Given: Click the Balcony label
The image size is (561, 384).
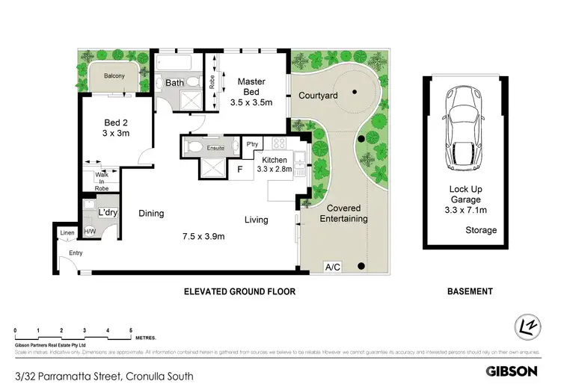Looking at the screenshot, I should pyautogui.click(x=114, y=76).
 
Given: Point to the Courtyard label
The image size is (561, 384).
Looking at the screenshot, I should pyautogui.click(x=318, y=96).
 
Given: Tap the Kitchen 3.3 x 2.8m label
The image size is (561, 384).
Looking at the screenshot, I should pyautogui.click(x=273, y=164).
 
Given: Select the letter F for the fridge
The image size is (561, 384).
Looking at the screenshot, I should pyautogui.click(x=239, y=170).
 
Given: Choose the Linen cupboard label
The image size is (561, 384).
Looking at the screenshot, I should pyautogui.click(x=67, y=233).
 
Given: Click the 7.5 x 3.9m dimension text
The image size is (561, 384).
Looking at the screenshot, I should pyautogui.click(x=203, y=237).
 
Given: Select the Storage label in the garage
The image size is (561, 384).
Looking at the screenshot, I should pyautogui.click(x=481, y=230).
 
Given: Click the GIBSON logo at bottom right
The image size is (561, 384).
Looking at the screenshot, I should pyautogui.click(x=512, y=371).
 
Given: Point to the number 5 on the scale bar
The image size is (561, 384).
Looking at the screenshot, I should pyautogui.click(x=131, y=329).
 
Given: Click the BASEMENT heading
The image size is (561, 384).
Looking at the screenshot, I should pyautogui.click(x=469, y=291).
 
